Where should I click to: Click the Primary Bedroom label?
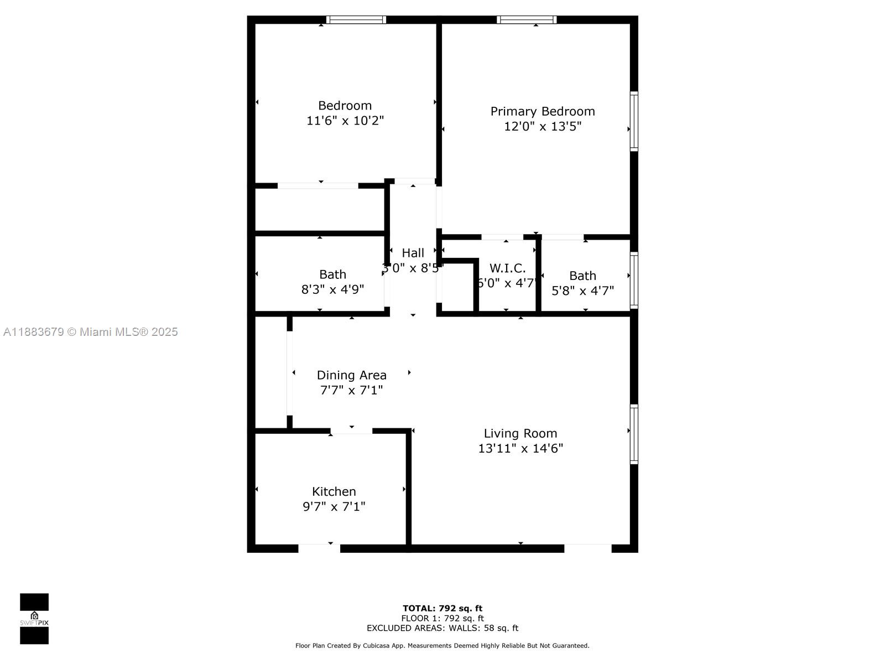point(543,111)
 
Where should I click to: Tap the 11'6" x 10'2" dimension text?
point(345,121)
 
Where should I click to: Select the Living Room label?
point(520,433)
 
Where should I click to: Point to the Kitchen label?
point(334,491)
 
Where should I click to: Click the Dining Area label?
point(351,375)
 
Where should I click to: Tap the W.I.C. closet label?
point(507,268)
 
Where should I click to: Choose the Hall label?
point(413,253)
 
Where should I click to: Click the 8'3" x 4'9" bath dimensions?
point(332,289)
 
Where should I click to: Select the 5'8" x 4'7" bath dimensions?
point(582,290)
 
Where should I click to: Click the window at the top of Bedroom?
point(356,20)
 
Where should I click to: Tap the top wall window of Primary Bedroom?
point(526,20)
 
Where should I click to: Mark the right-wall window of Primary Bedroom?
point(634,121)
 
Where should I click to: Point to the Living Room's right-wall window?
point(634,434)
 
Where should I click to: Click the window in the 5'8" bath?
point(634,280)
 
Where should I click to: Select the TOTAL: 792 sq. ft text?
point(442,609)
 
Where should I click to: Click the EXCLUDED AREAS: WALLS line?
point(442,628)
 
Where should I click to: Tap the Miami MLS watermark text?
point(91,332)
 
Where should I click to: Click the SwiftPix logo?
point(34,619)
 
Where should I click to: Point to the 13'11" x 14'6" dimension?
point(520,448)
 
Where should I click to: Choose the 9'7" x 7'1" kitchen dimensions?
point(334,506)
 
